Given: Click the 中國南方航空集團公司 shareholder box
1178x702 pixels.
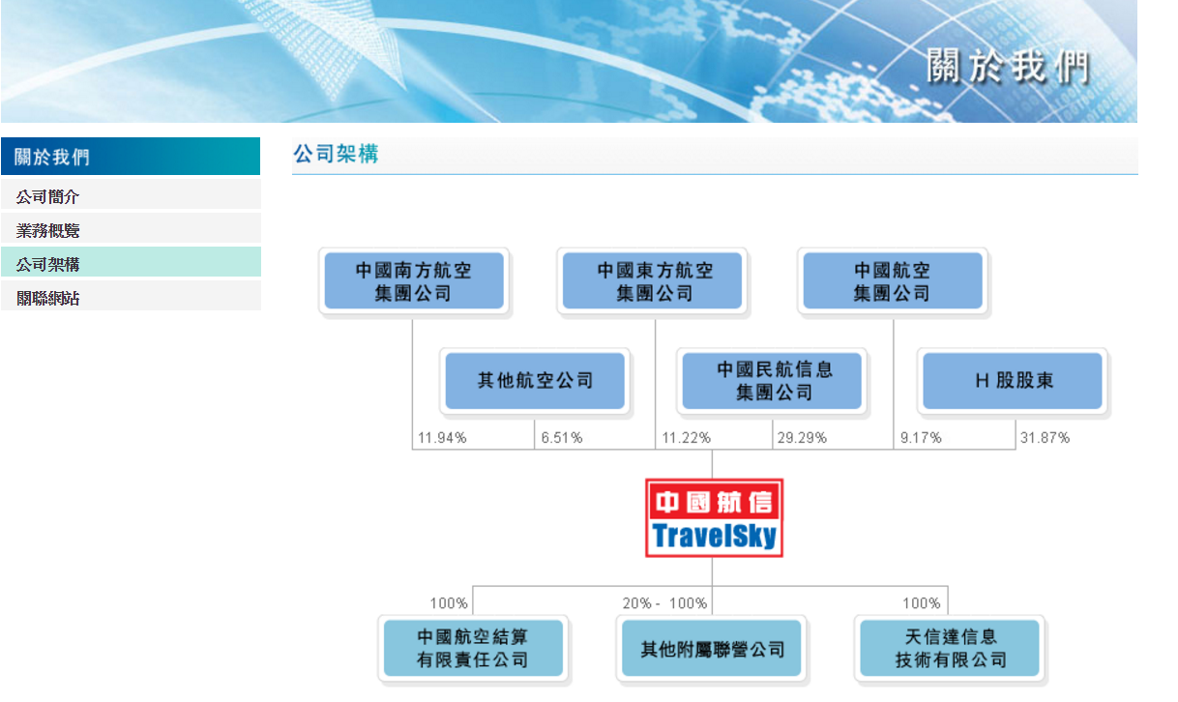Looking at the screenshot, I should click(413, 280).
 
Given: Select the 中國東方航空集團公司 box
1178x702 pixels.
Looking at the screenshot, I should click(655, 280).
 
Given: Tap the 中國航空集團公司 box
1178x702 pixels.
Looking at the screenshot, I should click(892, 280).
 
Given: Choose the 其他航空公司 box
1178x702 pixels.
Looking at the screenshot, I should click(535, 381).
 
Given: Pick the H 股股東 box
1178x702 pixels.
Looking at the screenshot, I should click(1014, 381).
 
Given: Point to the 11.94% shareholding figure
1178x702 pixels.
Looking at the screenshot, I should click(442, 438).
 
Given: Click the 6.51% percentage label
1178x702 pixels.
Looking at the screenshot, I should click(562, 438).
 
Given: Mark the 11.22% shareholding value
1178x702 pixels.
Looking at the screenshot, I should click(686, 438).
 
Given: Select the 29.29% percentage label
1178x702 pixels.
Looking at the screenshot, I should click(802, 438).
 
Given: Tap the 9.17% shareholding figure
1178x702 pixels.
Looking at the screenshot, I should click(921, 438).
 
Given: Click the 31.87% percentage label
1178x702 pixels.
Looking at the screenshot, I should click(1045, 438).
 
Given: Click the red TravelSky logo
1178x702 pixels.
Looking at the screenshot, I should click(714, 518).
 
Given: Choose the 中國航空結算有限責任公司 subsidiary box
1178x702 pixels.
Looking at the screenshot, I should click(472, 648).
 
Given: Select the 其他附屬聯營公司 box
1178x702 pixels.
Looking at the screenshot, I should click(713, 649).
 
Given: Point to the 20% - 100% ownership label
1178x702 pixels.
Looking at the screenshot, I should click(664, 603).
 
